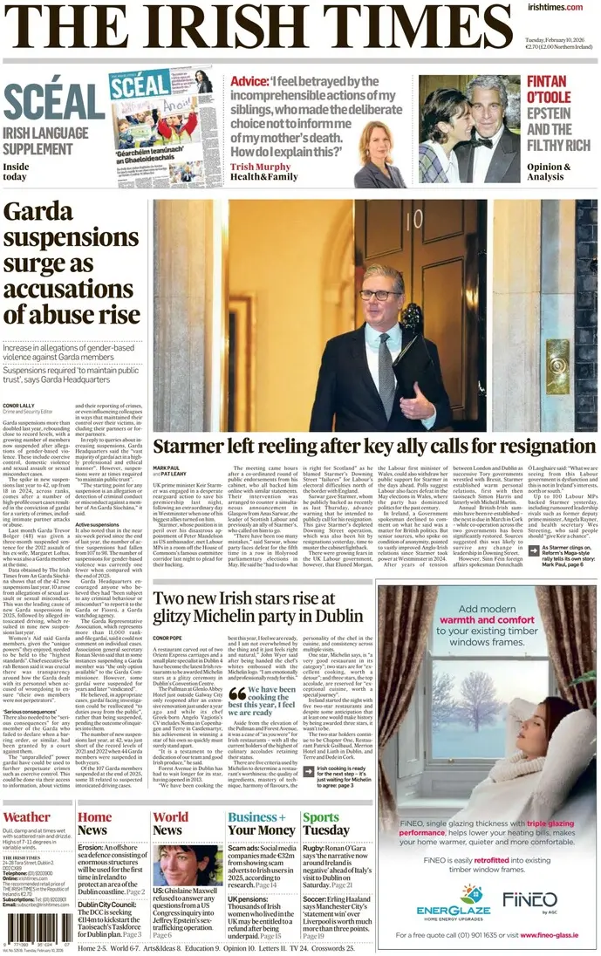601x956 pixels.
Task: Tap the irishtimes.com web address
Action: [x=554, y=7]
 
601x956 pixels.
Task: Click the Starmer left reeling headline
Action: [x=374, y=447]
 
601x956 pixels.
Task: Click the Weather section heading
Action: [x=27, y=817]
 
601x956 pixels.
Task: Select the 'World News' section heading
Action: [x=170, y=823]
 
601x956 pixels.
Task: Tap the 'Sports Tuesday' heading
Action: [x=325, y=823]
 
